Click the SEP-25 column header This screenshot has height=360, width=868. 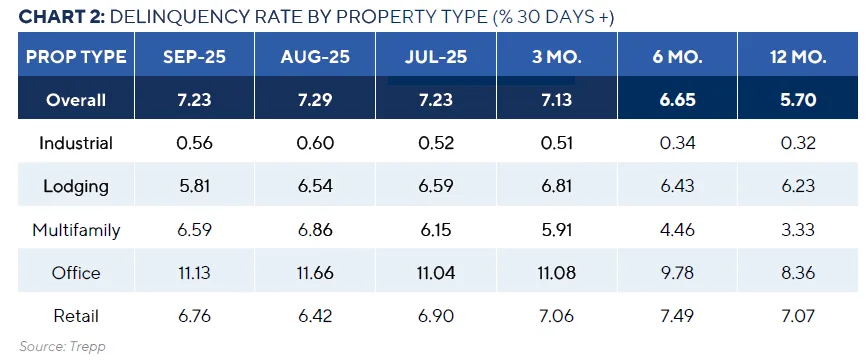[x=195, y=57]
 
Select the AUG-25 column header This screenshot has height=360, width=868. [x=315, y=57]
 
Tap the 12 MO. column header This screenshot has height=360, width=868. [x=797, y=57]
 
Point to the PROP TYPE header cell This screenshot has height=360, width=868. [x=77, y=57]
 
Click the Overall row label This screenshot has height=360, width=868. [x=76, y=101]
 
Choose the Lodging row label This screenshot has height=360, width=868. [x=76, y=186]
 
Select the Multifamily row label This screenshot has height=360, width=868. [x=76, y=230]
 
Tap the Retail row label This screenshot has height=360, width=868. [x=76, y=317]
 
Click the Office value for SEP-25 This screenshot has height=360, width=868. [x=195, y=274]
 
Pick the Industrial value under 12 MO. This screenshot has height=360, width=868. [x=797, y=143]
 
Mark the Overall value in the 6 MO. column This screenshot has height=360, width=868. [x=676, y=101]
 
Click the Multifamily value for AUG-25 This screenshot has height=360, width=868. [x=315, y=230]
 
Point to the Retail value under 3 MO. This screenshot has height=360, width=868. [x=556, y=317]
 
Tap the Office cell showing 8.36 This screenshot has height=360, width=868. [x=797, y=274]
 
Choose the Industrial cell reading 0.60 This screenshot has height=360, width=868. [x=315, y=143]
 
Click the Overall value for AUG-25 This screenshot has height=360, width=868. [x=315, y=101]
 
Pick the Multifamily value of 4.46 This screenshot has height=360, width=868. [x=676, y=230]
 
